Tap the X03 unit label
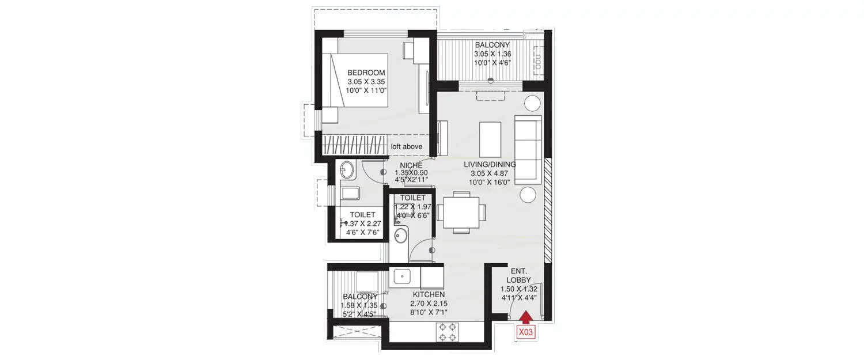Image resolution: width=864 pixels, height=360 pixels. point(526,332)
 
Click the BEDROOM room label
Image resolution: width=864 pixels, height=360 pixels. point(366,73)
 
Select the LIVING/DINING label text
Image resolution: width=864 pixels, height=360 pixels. point(490,164)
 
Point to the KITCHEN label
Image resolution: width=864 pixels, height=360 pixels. point(429,294)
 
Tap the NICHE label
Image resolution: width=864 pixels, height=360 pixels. point(411,165)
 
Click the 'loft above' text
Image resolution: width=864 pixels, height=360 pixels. point(407,146)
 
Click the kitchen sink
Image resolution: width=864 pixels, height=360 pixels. point(401,278)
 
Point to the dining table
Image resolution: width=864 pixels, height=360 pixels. point(461,212)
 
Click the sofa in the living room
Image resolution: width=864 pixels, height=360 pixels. point(528,149)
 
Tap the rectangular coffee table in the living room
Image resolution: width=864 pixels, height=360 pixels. point(491,138)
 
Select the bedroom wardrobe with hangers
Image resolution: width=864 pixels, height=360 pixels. point(353,144)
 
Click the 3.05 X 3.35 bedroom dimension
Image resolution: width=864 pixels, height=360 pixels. point(366,82)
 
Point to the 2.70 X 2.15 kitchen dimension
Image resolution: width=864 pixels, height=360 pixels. point(429,304)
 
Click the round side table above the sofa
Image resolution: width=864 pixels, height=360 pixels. point(532,103)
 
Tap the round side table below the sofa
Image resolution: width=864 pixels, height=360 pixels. point(528,194)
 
